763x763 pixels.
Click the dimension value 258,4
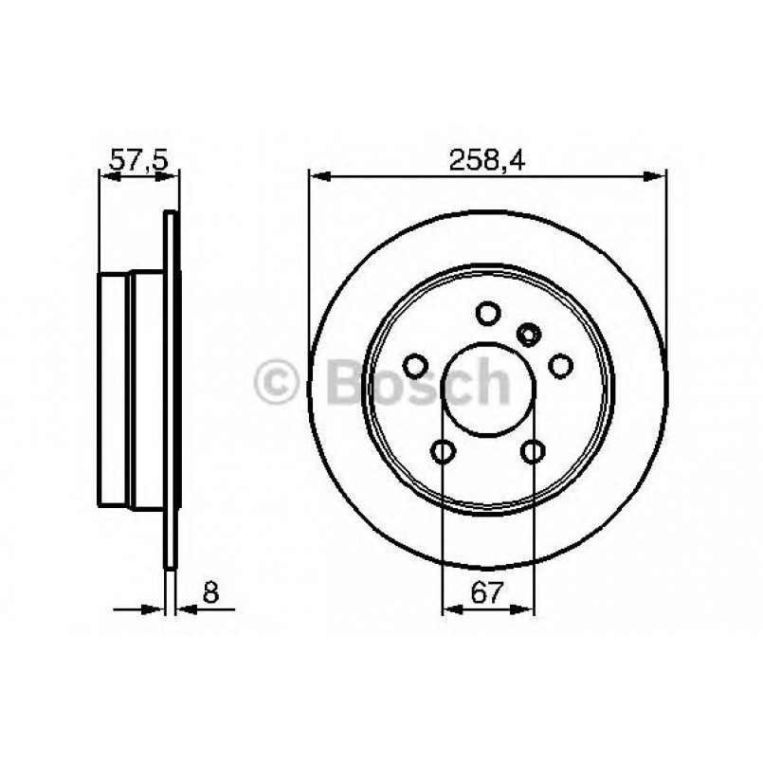click(x=487, y=160)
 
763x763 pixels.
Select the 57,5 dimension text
click(x=138, y=160)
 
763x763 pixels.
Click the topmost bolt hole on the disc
click(x=488, y=313)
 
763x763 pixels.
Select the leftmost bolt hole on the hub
click(x=415, y=365)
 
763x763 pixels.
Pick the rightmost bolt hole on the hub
click(x=561, y=365)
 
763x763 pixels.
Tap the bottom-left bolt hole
click(x=443, y=451)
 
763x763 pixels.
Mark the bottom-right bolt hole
click(x=534, y=451)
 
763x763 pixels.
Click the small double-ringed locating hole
click(x=529, y=333)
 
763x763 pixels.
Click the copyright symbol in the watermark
click(x=277, y=383)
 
